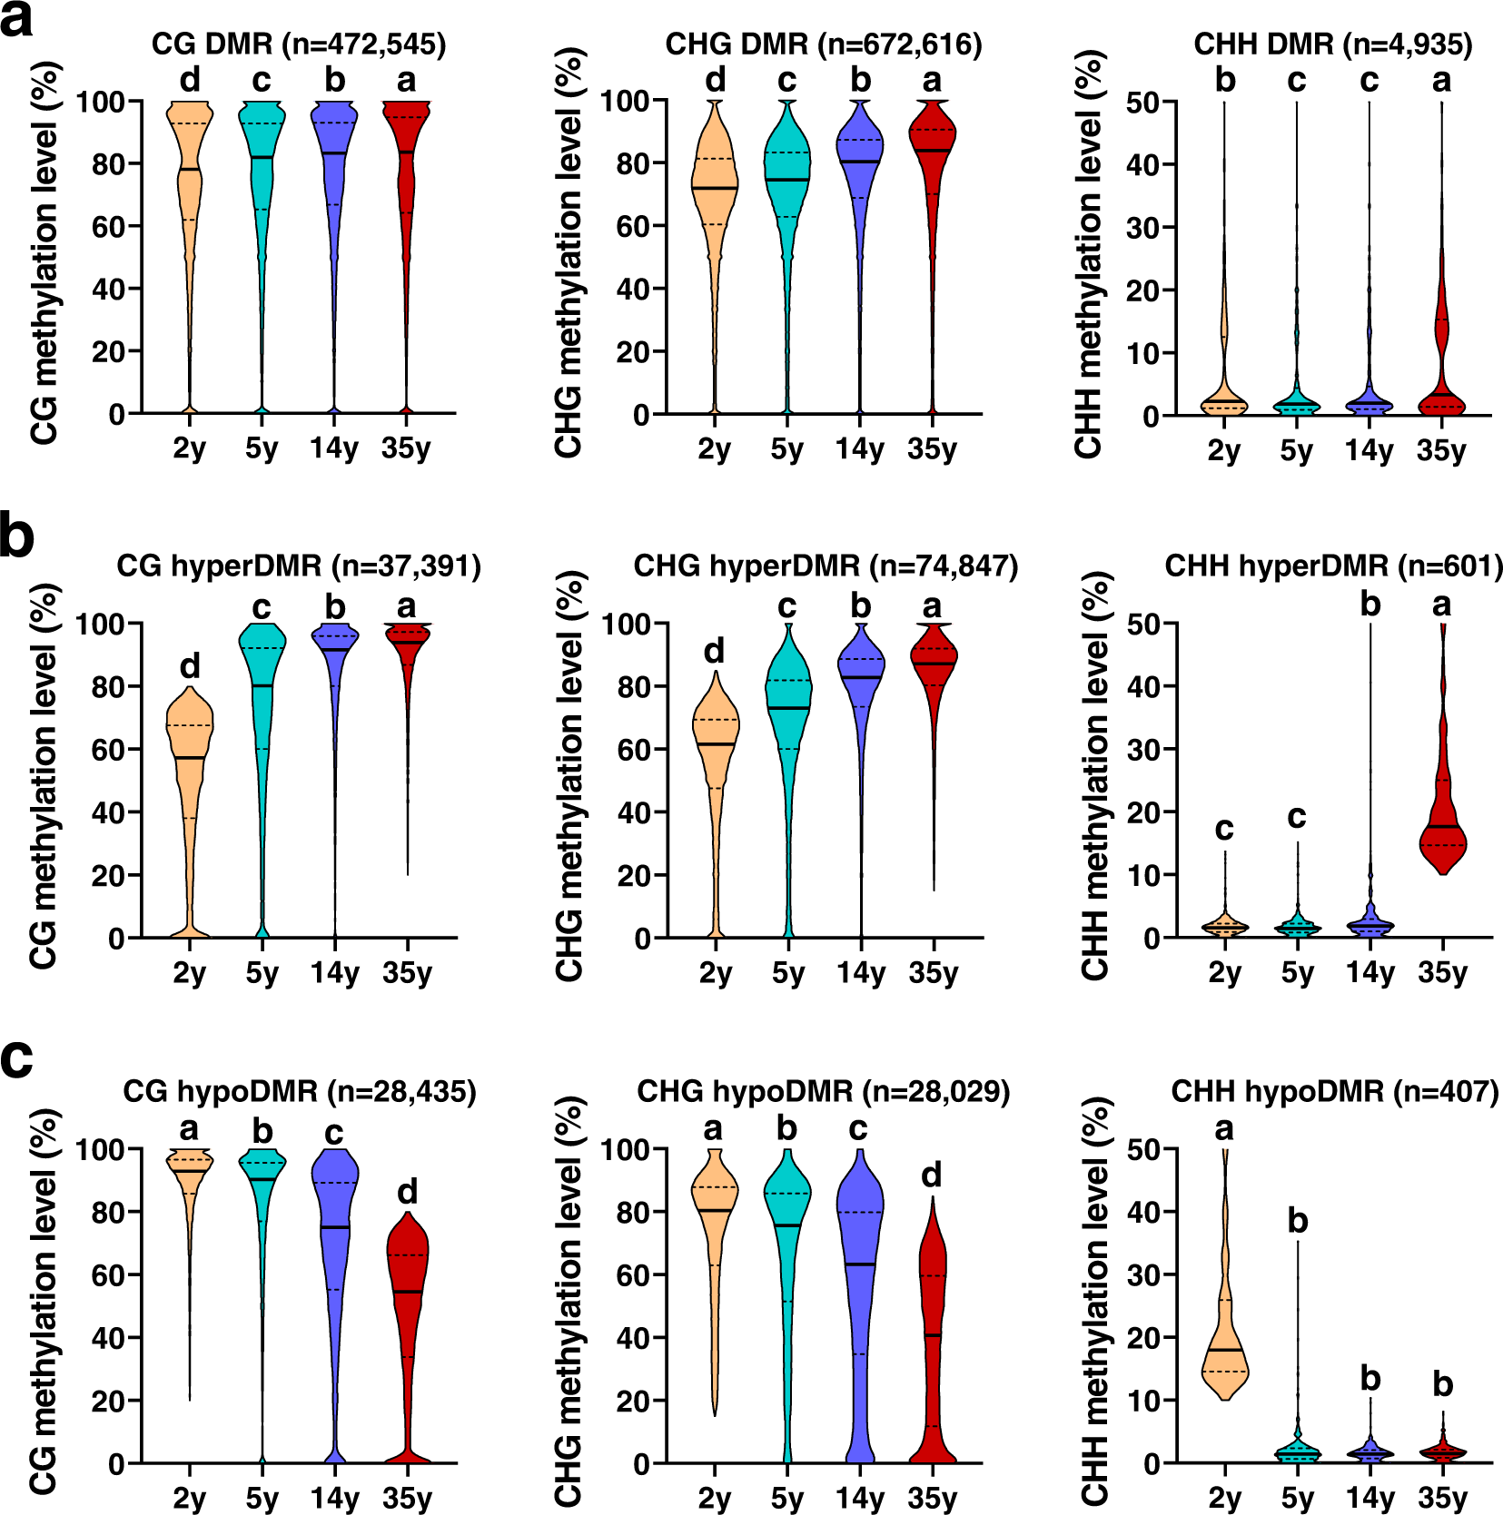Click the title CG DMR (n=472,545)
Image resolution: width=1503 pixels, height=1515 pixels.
click(x=299, y=44)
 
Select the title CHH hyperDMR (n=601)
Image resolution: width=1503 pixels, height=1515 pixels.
click(x=1333, y=566)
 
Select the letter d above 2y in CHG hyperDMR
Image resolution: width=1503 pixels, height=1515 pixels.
click(x=715, y=652)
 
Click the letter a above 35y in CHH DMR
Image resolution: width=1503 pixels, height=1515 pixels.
click(x=1441, y=81)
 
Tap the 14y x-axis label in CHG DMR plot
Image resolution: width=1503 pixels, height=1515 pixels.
click(x=859, y=448)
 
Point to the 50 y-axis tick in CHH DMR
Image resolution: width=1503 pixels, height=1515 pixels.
click(x=1142, y=102)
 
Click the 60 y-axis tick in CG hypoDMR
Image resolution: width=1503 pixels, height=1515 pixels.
click(x=108, y=1275)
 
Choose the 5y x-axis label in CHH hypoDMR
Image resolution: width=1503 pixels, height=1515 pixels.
click(x=1297, y=1498)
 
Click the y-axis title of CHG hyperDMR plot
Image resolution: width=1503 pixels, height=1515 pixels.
click(x=569, y=776)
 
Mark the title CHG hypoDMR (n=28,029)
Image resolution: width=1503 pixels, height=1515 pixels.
click(x=823, y=1091)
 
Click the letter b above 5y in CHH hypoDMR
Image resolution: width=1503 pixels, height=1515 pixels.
click(x=1298, y=1222)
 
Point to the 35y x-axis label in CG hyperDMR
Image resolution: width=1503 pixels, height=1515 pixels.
click(x=407, y=973)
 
